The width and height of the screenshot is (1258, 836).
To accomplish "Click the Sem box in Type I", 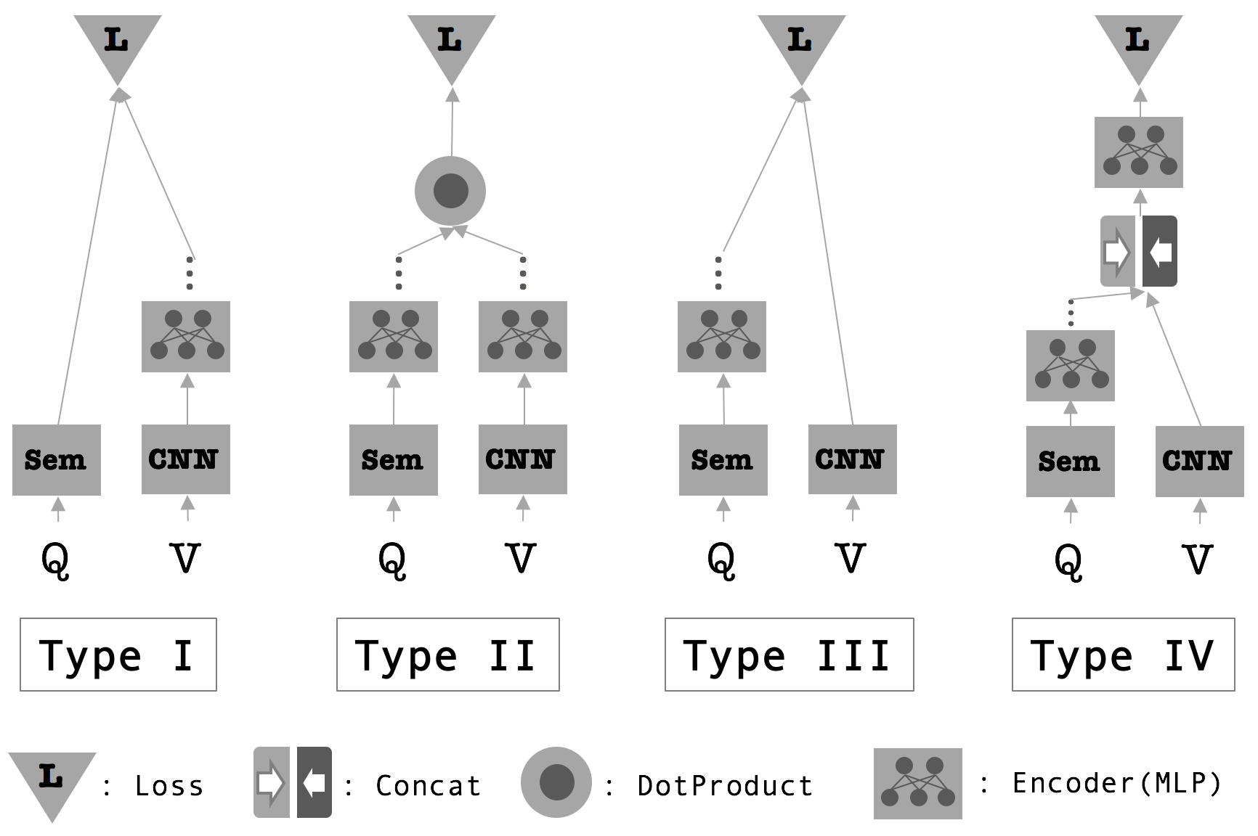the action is point(57,460).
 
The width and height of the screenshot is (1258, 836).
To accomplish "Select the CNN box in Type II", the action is point(523,459).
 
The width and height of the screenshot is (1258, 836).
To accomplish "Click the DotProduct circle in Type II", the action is point(450,192).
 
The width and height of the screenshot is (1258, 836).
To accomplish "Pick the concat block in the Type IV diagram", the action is point(1139,251).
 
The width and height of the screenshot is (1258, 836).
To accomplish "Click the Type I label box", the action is point(118,655).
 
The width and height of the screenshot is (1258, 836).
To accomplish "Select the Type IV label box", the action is point(1124,655).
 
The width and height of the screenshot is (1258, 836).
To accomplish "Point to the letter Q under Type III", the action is point(721,560).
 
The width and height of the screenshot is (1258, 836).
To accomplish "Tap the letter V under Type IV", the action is point(1198,560).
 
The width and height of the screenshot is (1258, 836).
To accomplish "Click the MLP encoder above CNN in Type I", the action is point(186,337).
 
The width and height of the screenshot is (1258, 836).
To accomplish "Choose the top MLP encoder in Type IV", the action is point(1139,152).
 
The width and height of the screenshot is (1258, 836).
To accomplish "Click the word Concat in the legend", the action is point(429,786).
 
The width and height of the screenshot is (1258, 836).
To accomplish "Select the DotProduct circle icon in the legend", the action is point(556,782).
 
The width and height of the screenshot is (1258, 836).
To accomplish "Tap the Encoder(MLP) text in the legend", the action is point(1117,783).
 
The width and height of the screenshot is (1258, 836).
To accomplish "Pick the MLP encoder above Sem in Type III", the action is point(722,337).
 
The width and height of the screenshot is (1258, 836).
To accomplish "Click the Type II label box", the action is point(448,655).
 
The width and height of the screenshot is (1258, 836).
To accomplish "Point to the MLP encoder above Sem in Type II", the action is point(394,337).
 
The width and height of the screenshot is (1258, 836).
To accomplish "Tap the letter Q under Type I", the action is point(55,560).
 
